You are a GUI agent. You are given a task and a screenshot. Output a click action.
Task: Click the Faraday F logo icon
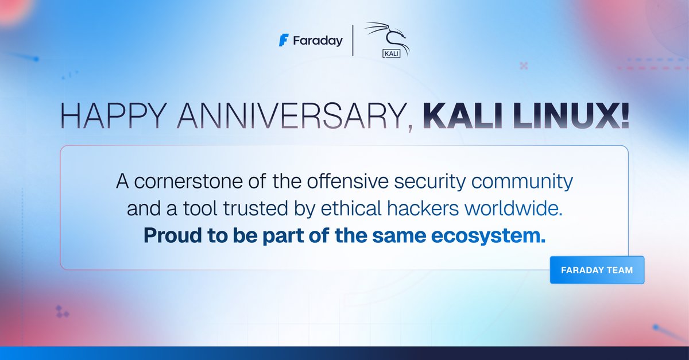coord(282,41)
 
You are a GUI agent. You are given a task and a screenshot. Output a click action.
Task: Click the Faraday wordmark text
coord(318,41)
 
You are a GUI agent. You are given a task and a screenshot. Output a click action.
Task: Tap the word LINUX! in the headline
coord(574,117)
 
